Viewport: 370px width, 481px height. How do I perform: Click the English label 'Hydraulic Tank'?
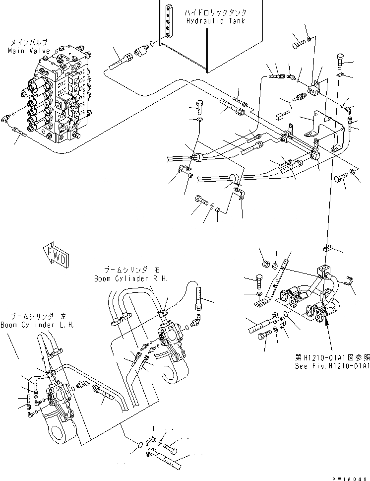pyautogui.click(x=216, y=21)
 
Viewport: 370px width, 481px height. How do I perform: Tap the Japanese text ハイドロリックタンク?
pyautogui.click(x=216, y=12)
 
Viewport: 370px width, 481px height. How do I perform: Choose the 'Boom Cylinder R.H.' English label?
pyautogui.click(x=130, y=279)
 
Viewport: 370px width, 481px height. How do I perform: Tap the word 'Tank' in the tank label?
pyautogui.click(x=236, y=21)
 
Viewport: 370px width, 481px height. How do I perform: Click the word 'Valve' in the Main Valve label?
pyautogui.click(x=34, y=51)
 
